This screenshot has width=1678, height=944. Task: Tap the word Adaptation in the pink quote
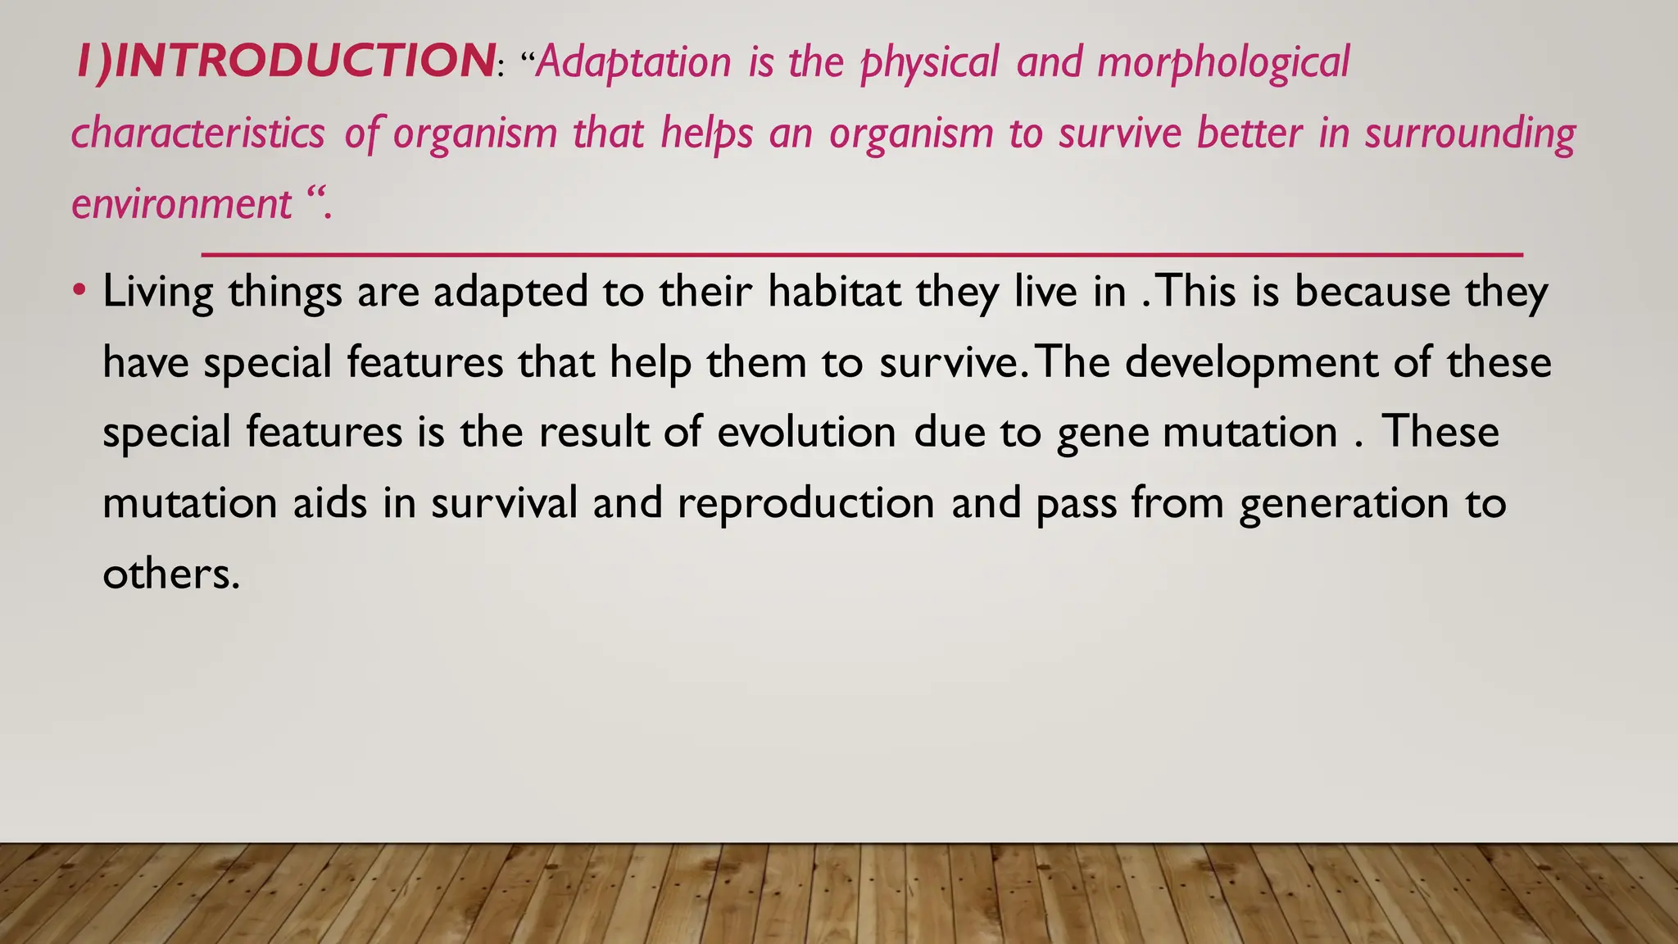coord(633,62)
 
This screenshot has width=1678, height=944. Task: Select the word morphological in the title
coord(1222,62)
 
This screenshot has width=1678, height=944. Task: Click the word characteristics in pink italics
coord(197,133)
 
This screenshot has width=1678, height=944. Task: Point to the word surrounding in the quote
coord(1470,133)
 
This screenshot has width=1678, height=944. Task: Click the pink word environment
coord(181,203)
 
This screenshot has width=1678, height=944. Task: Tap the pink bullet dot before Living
coord(79,290)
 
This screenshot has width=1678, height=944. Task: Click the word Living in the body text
coord(157,292)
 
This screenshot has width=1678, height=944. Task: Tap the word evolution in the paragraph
coord(806,432)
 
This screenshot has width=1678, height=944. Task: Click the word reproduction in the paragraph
coord(805,503)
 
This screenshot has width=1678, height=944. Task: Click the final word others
coord(170,573)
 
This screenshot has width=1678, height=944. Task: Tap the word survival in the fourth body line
coord(504,502)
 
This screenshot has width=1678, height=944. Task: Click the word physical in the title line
coord(929,62)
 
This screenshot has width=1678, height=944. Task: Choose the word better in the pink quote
coord(1249,133)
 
